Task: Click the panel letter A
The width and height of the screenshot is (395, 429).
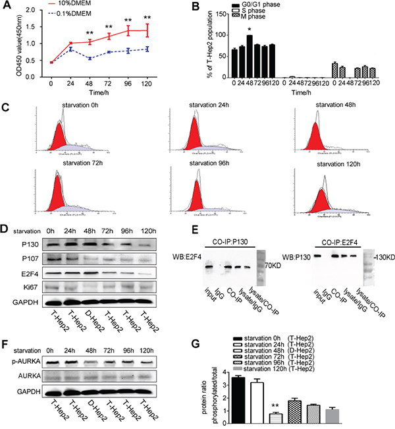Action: point(6,6)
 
